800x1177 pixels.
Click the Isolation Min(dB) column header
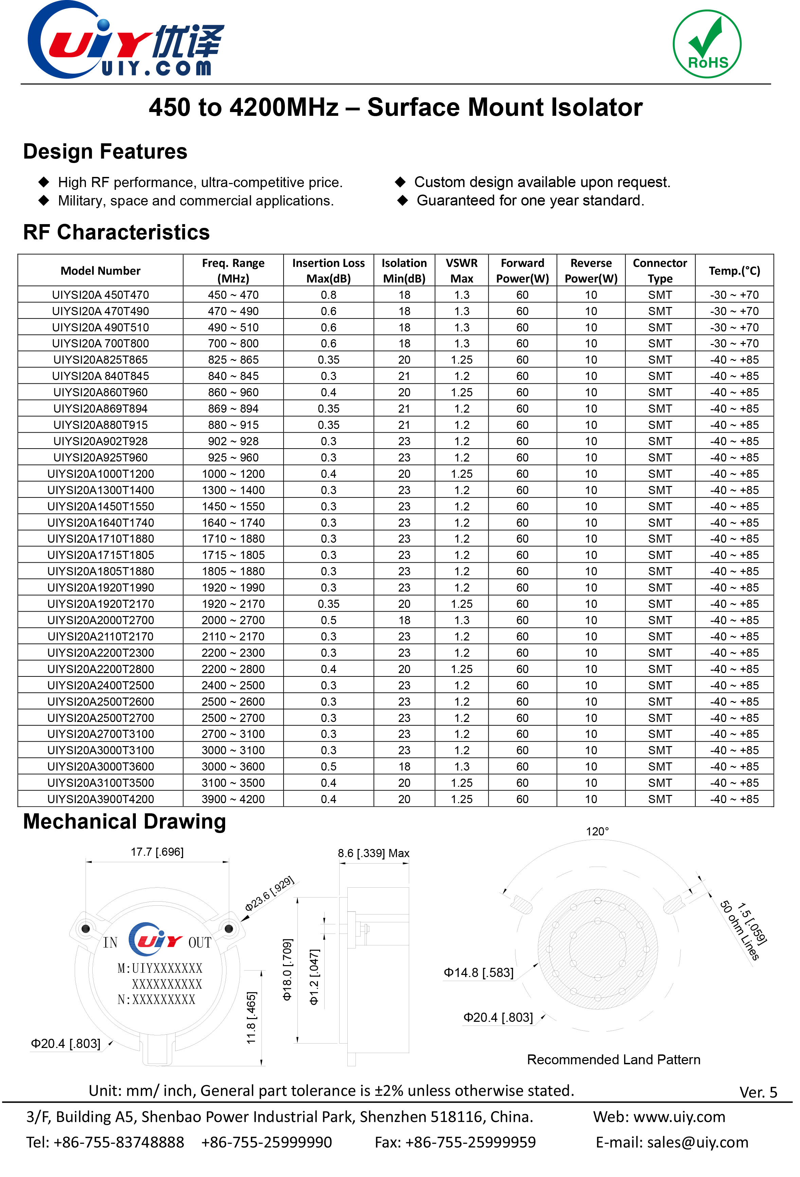(404, 270)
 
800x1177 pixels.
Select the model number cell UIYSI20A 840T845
(100, 376)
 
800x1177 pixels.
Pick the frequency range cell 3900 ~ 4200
(233, 799)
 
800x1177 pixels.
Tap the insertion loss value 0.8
(328, 295)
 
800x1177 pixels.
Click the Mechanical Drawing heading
(125, 821)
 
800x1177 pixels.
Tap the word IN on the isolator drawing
(110, 942)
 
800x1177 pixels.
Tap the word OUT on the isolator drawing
(200, 942)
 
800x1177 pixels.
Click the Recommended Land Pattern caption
(613, 1060)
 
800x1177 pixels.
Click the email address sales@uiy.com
(697, 1142)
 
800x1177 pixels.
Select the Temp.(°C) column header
(734, 270)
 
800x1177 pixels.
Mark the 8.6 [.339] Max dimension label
(373, 853)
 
